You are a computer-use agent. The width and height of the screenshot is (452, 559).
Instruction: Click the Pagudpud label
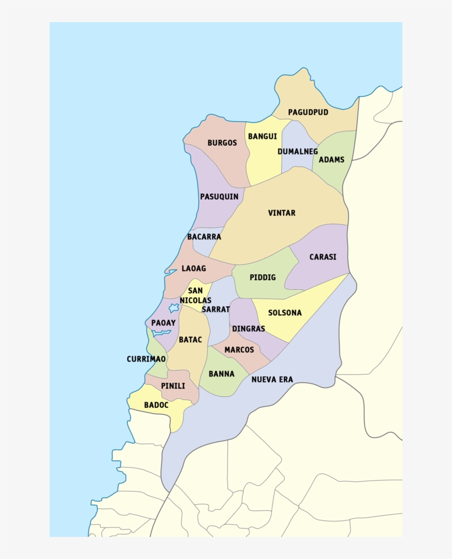(x=308, y=112)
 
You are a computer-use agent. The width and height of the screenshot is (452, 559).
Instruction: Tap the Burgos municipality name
(x=222, y=143)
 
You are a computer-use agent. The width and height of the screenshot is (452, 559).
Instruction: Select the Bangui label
(x=262, y=136)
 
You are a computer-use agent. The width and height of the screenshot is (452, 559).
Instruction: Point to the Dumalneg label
(x=298, y=151)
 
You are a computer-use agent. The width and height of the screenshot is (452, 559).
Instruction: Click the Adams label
(x=332, y=159)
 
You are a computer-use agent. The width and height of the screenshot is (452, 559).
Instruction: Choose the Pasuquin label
(x=219, y=196)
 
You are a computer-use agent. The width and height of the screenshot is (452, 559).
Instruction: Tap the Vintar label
(x=282, y=213)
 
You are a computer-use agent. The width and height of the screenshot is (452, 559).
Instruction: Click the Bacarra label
(x=204, y=237)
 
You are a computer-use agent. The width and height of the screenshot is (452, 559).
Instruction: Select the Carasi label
(x=322, y=257)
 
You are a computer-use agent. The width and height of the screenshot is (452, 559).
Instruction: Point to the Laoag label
(x=193, y=269)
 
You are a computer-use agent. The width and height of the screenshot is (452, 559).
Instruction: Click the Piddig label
(x=262, y=278)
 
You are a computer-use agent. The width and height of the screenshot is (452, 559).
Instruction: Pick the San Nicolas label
(x=195, y=296)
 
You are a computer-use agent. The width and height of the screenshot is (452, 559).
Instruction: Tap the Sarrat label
(x=216, y=310)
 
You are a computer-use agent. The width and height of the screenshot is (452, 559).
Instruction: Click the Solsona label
(x=285, y=313)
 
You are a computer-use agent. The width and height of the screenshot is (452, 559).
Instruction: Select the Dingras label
(x=249, y=328)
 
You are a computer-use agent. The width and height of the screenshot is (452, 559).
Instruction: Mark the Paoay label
(x=164, y=323)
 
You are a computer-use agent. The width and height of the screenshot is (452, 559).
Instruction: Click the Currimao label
(x=146, y=359)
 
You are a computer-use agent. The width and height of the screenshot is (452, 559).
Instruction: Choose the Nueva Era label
(x=272, y=380)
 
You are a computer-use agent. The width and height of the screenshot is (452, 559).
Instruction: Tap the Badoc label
(x=156, y=405)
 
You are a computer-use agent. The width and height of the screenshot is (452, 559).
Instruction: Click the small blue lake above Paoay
(x=174, y=307)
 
